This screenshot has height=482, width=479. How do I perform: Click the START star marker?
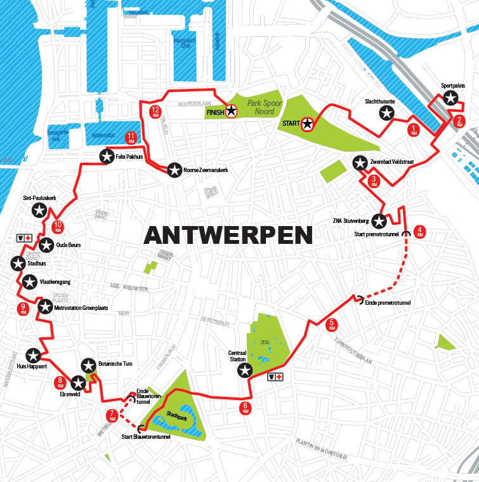click(308, 124)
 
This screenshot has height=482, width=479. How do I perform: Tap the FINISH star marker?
click(232, 112)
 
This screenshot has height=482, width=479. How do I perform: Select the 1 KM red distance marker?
click(414, 130)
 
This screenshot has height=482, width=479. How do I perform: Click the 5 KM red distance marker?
click(331, 325)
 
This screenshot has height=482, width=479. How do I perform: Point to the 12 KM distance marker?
click(155, 112)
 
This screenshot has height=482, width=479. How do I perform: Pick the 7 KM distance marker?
click(112, 416)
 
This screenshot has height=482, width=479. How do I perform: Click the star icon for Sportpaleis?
click(450, 98)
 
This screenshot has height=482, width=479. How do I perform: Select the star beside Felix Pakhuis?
click(106, 156)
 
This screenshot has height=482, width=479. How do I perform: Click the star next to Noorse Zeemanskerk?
click(174, 170)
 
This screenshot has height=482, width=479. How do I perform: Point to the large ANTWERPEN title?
click(228, 234)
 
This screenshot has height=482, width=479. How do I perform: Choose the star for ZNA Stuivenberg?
click(379, 221)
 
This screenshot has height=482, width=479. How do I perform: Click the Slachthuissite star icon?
click(387, 114)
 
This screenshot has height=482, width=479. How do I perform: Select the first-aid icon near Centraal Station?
click(276, 377)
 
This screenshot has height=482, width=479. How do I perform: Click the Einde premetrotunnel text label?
click(388, 304)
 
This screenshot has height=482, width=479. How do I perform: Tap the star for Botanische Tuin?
click(88, 365)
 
